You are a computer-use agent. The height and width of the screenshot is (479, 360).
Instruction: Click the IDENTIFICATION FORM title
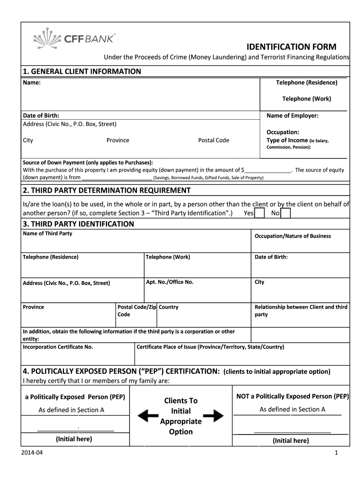coord(291,47)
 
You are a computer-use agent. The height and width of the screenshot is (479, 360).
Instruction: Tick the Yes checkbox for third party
coord(260,213)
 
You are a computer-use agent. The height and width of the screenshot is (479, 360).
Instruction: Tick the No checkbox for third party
coord(286,213)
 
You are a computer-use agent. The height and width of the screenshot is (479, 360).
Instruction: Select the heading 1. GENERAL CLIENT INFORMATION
coord(82,72)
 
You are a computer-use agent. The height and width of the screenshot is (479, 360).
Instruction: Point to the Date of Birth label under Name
coord(41,116)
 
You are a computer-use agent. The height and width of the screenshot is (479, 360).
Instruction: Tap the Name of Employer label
coord(292,116)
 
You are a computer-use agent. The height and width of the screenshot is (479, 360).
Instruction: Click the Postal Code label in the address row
coord(214,140)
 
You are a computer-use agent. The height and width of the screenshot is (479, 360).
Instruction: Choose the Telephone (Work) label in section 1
coord(306,99)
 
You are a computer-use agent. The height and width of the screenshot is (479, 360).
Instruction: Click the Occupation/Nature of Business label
coord(292,236)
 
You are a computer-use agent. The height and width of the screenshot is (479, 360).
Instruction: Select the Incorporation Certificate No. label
coord(58,347)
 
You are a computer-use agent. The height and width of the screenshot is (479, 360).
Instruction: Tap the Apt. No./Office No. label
coord(170,282)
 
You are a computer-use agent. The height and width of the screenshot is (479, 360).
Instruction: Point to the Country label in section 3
coord(169,307)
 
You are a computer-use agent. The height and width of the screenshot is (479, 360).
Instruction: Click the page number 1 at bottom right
coord(336,453)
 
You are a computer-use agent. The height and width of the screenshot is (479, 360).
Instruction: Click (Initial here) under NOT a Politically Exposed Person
coord(290,441)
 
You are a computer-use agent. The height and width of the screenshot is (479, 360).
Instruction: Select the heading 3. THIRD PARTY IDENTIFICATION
coord(79,224)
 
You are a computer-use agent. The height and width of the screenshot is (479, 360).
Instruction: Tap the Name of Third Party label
coord(48,233)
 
